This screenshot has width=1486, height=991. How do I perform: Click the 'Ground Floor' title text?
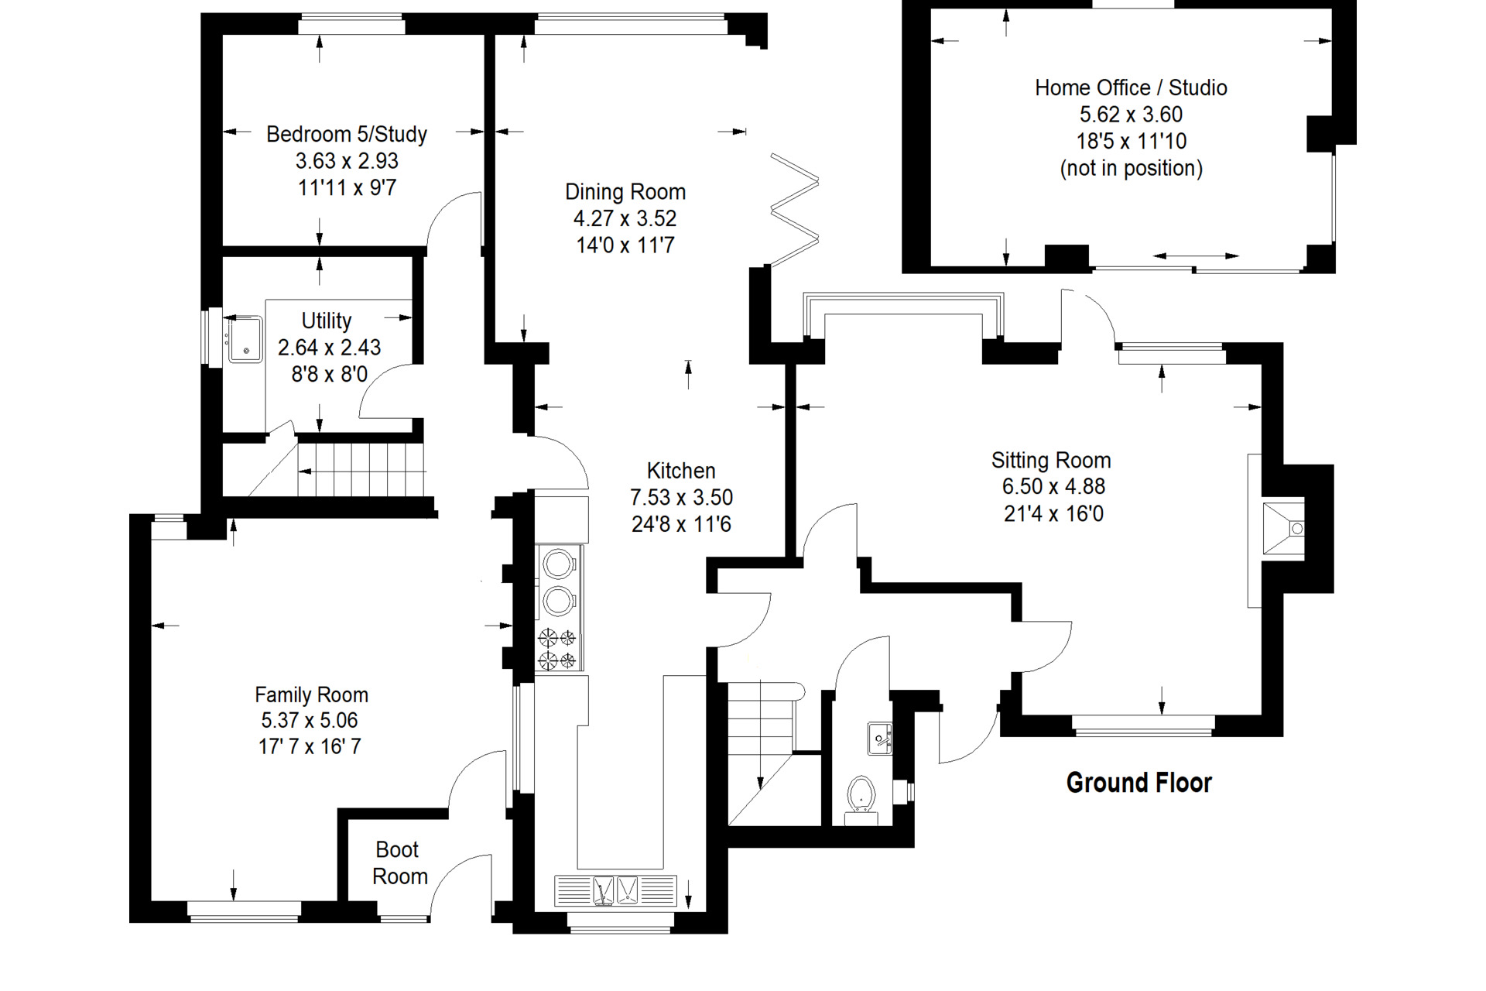point(1138,783)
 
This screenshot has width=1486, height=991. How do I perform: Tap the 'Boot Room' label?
point(399,862)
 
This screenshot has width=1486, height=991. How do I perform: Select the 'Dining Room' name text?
point(625,191)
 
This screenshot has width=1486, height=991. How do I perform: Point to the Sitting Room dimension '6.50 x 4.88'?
point(1053,486)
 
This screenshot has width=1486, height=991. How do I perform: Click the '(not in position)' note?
point(1131,168)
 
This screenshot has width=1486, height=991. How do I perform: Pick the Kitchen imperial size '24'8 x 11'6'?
point(681,524)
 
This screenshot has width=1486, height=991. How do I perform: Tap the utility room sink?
point(246,338)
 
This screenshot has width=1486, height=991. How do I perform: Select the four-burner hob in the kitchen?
point(557,649)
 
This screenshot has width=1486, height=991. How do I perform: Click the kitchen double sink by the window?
point(615,890)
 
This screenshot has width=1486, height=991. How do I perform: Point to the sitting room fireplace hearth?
point(1282,529)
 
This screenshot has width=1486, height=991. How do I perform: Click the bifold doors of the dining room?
point(794,210)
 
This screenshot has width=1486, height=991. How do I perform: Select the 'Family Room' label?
point(311,694)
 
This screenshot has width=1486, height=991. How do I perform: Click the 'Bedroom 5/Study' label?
point(347,134)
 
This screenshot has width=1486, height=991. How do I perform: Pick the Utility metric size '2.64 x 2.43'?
point(329,347)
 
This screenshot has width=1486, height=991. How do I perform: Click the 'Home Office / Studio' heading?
point(1131,87)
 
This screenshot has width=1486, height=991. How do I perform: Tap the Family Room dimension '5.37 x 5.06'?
point(310,720)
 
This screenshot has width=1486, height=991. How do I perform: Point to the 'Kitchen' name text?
point(681,470)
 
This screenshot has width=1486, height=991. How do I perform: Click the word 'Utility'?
point(327,321)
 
